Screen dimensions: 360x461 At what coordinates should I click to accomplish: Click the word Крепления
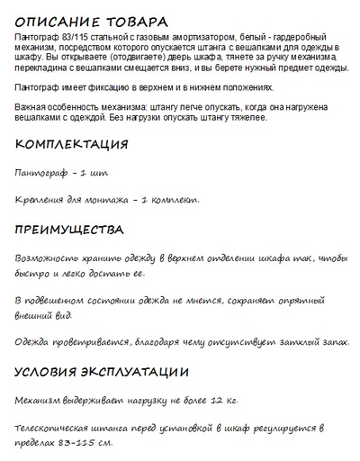tap(44, 199)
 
